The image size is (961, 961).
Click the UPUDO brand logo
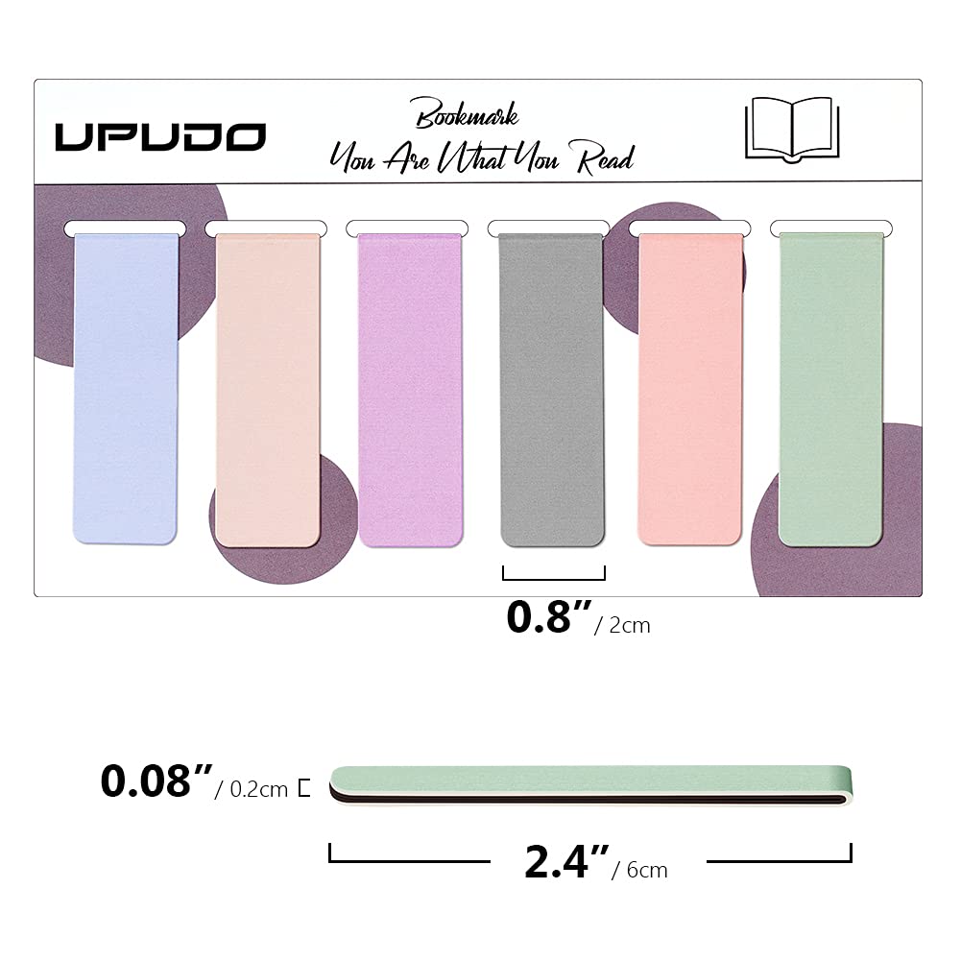(159, 136)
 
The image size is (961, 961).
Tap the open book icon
(789, 128)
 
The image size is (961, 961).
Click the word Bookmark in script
(467, 116)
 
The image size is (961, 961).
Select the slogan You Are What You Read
(481, 157)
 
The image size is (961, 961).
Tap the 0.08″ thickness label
(155, 782)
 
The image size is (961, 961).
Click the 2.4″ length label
(567, 863)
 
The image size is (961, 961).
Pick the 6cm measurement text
(646, 870)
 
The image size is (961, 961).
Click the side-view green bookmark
(590, 782)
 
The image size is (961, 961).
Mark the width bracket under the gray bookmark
(554, 573)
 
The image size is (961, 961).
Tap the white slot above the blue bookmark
(125, 228)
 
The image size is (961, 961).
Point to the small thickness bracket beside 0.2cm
(304, 788)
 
